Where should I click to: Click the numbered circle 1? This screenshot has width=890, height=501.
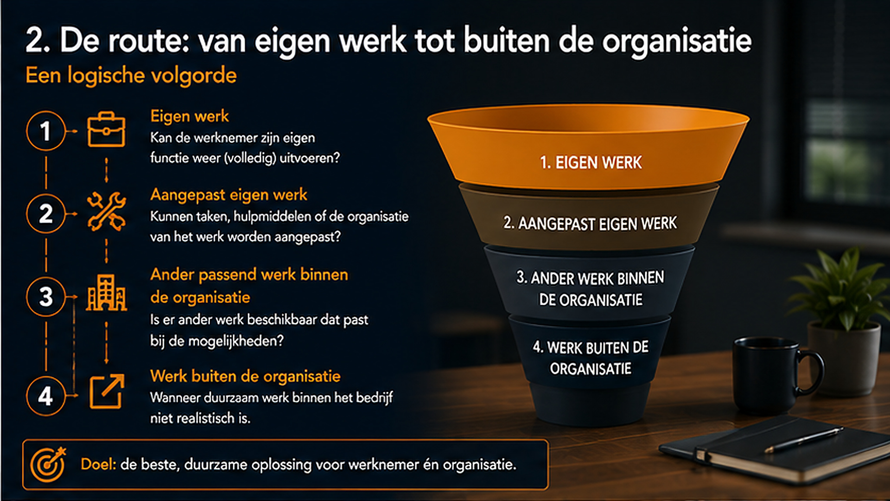(45, 131)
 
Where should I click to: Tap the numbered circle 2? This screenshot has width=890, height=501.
(45, 213)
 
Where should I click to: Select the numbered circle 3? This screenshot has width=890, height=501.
(45, 296)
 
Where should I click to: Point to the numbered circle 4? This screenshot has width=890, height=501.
(45, 396)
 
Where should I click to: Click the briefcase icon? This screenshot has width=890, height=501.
(106, 129)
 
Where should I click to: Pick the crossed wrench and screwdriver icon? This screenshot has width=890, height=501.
(107, 212)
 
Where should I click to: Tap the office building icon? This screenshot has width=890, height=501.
(106, 292)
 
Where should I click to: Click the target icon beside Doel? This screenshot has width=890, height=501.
(48, 464)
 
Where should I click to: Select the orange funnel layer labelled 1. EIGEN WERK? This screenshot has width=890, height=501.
(589, 148)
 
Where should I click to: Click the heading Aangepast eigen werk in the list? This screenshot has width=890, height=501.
(229, 195)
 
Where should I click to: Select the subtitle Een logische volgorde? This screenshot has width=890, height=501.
(131, 76)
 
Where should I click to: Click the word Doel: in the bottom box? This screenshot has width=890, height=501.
(98, 464)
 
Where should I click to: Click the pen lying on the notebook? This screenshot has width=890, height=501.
(804, 440)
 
